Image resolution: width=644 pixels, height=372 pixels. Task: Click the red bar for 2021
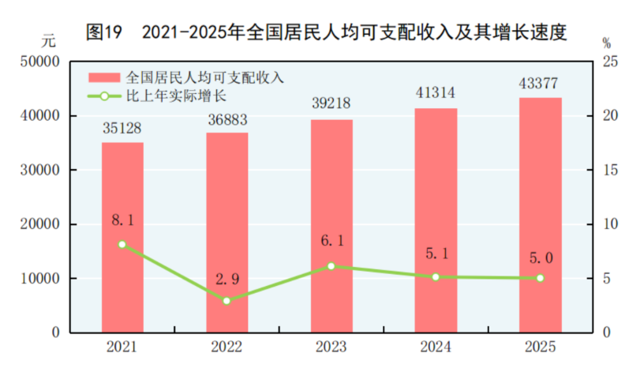click(122, 237)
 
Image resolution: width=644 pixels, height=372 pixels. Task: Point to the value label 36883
click(227, 117)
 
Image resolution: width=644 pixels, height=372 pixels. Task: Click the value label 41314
click(436, 93)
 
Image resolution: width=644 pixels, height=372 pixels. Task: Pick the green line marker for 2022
click(227, 301)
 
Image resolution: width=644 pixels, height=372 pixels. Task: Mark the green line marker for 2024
click(436, 277)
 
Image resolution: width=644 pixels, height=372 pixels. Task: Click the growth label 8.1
click(122, 220)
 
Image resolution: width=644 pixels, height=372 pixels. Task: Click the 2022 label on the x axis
click(227, 348)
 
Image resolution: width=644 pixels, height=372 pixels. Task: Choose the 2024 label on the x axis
click(436, 348)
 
